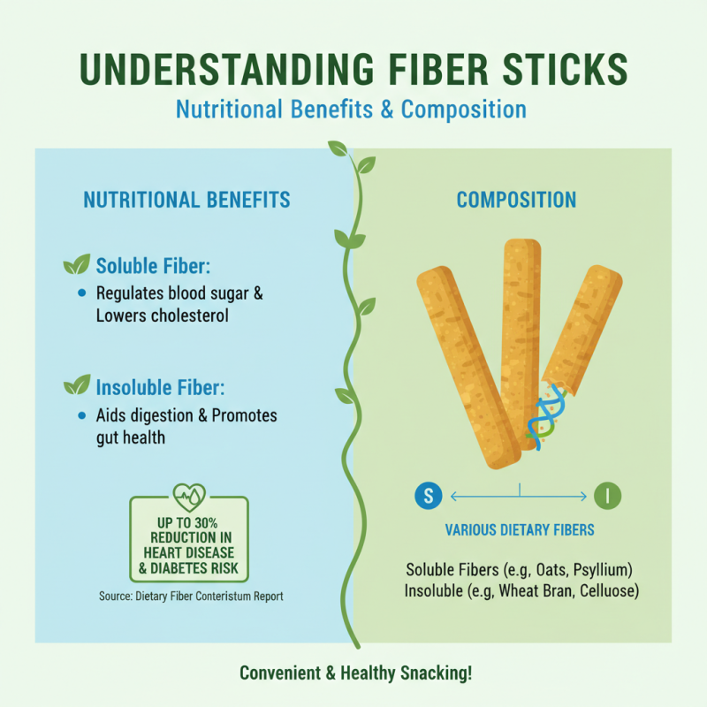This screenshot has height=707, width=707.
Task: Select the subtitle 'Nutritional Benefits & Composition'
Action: click(x=351, y=110)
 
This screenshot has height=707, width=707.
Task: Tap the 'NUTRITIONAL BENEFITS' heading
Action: click(x=186, y=200)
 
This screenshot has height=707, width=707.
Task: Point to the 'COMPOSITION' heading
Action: click(x=516, y=200)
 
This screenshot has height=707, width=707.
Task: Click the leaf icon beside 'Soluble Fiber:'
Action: click(x=77, y=264)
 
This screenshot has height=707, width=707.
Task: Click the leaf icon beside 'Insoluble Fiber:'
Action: click(x=77, y=385)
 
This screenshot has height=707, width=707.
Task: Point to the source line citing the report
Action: click(x=191, y=597)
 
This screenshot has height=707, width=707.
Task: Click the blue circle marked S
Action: click(x=428, y=496)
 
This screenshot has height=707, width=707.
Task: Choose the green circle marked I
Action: click(x=608, y=496)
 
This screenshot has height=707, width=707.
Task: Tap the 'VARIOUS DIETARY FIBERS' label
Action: click(x=519, y=531)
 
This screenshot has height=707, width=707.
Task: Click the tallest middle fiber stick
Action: click(x=521, y=336)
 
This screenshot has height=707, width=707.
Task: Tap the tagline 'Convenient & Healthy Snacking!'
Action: click(x=356, y=673)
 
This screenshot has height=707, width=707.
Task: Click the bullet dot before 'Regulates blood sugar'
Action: click(x=82, y=293)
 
